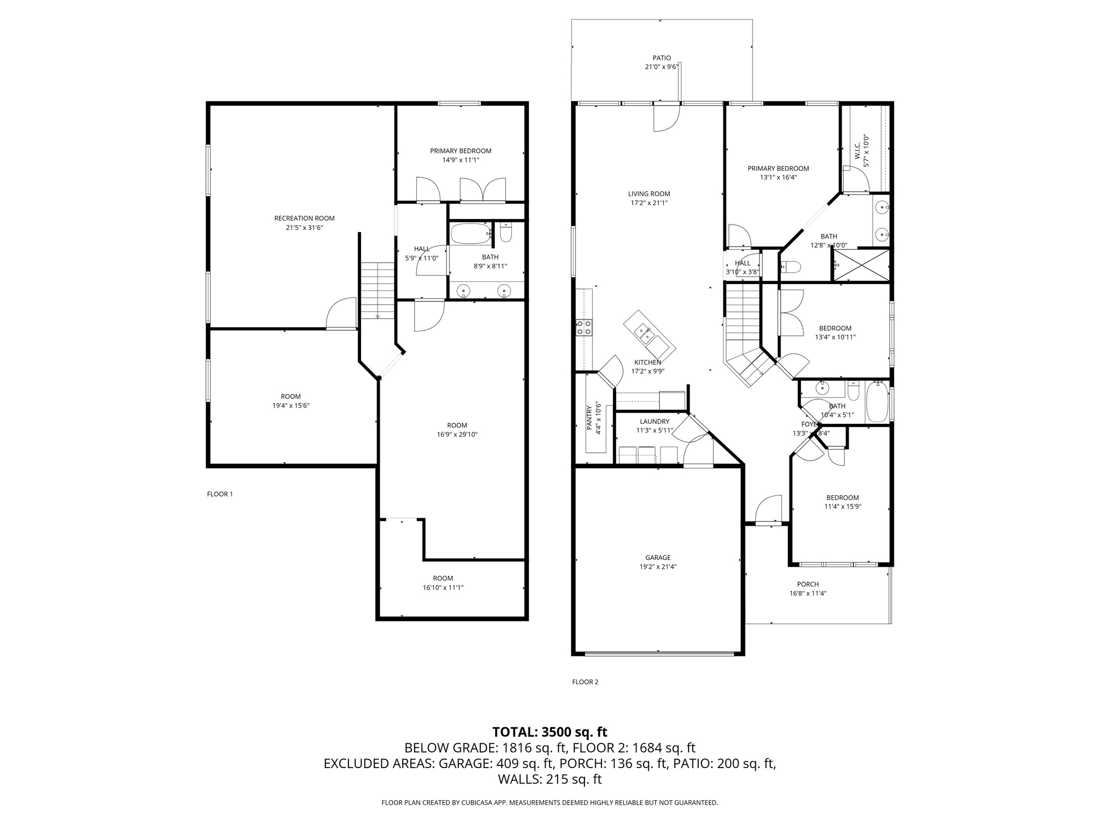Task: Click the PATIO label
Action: click(x=662, y=58)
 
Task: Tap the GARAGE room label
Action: click(x=658, y=558)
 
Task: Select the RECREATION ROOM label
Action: click(x=304, y=218)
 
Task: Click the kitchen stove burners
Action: click(x=584, y=327)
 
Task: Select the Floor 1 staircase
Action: click(x=377, y=290)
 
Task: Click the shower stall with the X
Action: click(x=861, y=265)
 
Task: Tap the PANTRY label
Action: click(x=589, y=417)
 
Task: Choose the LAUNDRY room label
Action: click(x=654, y=422)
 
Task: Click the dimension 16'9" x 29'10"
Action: click(x=457, y=435)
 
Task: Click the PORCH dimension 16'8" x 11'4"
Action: click(x=808, y=594)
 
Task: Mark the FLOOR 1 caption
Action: click(x=220, y=494)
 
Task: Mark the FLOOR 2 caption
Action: click(x=585, y=682)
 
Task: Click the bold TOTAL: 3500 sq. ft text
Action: click(x=549, y=732)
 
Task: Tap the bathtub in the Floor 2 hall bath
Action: click(x=878, y=403)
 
